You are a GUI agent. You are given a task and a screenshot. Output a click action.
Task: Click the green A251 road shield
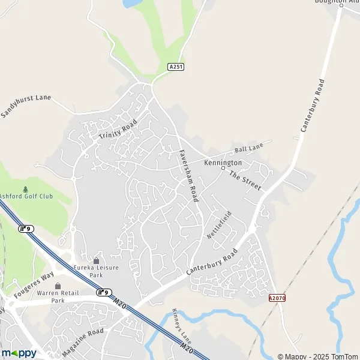175,67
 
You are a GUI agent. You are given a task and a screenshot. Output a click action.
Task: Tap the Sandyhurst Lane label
26,106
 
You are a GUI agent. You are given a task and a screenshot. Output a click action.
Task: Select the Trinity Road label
118,130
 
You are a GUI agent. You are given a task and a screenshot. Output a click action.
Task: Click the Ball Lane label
248,148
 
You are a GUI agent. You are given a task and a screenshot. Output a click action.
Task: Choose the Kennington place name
223,163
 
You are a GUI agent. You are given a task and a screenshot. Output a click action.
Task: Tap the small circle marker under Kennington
223,169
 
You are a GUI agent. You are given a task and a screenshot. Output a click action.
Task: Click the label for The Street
245,181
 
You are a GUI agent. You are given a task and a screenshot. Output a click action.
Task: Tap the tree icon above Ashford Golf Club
25,187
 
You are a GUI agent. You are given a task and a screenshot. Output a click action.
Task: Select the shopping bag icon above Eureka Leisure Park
96,260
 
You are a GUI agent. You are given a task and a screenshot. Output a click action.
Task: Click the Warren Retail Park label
58,297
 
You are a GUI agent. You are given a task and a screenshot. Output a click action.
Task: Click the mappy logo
19,353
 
